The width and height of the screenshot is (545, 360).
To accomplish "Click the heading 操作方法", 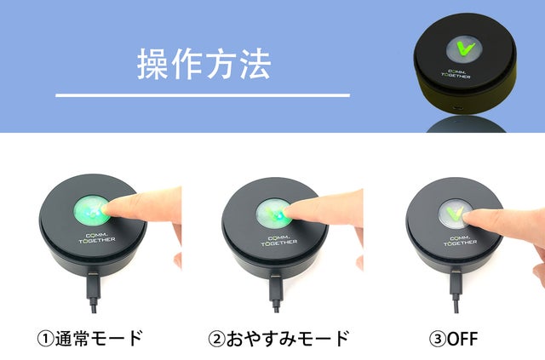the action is tap(204, 64).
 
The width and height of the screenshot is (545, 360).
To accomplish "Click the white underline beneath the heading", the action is tap(203, 94).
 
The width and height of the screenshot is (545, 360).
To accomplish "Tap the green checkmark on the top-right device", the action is tap(465, 49).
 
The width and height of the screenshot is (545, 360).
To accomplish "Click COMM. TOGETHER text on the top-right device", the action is tap(456, 74).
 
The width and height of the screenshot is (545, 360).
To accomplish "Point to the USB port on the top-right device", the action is tap(458, 108).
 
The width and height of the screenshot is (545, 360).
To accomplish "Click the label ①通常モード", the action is tap(89, 338).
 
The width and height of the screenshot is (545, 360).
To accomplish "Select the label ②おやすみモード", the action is tap(278, 338).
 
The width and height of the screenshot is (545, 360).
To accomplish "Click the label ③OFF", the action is tap(454, 339).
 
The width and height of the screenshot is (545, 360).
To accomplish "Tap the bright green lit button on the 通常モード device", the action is tap(91, 210).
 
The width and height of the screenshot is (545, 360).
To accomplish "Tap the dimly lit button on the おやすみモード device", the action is tap(272, 213).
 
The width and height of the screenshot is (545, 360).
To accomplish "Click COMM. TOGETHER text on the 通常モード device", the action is tap(96, 237).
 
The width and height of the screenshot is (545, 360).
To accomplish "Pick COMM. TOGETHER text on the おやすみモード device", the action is tap(279, 241).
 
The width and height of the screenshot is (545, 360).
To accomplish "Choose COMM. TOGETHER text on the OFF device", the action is tap(461, 241).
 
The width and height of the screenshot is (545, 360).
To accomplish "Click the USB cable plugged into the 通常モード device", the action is tap(94, 292).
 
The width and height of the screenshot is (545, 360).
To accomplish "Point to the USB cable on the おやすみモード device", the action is tap(276, 293).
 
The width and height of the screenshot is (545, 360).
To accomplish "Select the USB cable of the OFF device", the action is tap(456, 293).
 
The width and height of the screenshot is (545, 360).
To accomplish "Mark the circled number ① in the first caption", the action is tap(45, 339).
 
